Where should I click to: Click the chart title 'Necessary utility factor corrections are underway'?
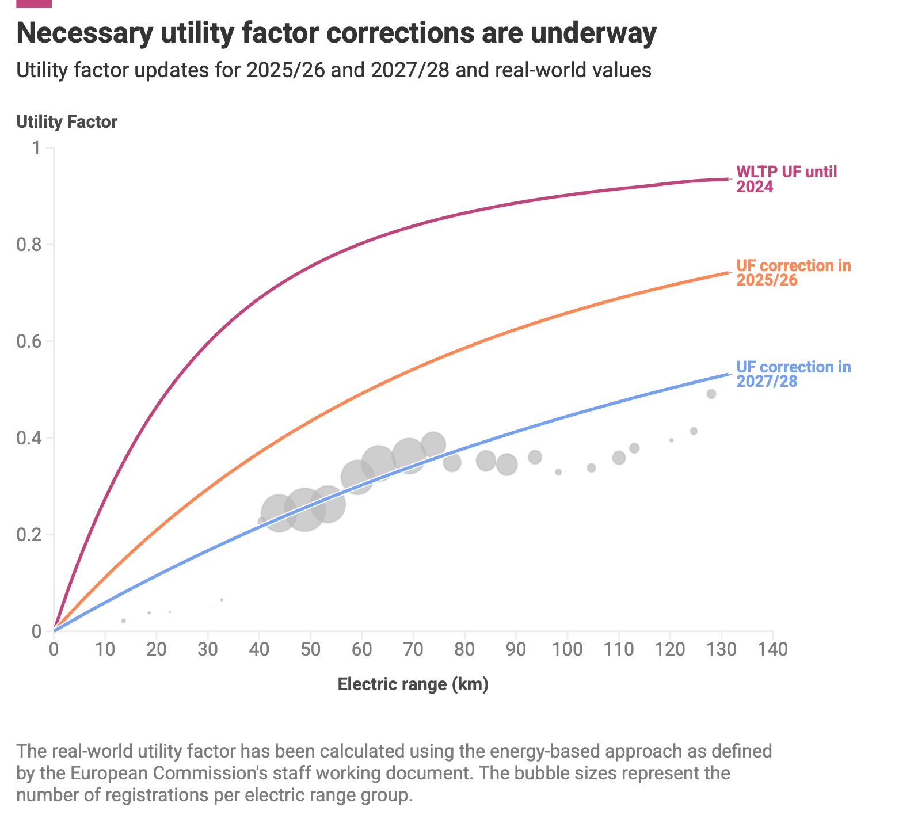click(x=336, y=33)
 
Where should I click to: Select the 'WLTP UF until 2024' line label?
click(x=786, y=179)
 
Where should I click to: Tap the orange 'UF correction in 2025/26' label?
click(x=793, y=273)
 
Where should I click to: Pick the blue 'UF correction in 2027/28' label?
click(x=793, y=374)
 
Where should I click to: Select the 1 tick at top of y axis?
click(x=36, y=148)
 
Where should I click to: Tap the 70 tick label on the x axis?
click(x=413, y=649)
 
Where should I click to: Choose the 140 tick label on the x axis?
click(x=772, y=649)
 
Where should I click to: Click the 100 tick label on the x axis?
click(x=567, y=649)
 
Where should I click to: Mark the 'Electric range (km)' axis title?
click(x=413, y=684)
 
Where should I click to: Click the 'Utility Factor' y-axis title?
click(x=67, y=122)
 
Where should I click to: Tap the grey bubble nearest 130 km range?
click(x=711, y=394)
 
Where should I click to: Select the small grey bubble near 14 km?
click(x=123, y=621)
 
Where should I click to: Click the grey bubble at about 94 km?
click(x=535, y=457)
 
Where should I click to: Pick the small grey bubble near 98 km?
click(x=558, y=472)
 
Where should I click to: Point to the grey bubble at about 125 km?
click(x=694, y=431)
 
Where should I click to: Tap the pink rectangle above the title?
click(x=34, y=3)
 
